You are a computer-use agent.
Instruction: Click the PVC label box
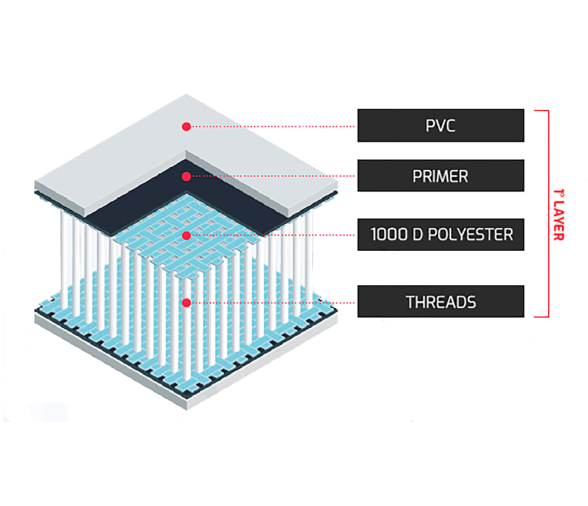(441, 125)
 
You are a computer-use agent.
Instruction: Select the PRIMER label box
(441, 176)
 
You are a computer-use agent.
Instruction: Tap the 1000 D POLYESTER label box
(441, 234)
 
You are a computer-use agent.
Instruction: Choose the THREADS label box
(441, 301)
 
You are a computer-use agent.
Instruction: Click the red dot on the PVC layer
(186, 126)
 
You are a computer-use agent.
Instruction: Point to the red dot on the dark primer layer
(186, 176)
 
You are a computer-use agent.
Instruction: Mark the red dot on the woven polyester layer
(186, 235)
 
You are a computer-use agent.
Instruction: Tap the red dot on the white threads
(186, 303)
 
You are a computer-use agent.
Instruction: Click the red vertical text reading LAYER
(559, 220)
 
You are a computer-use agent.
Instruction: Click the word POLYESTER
(471, 234)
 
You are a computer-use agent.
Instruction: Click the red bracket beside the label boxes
(549, 214)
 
